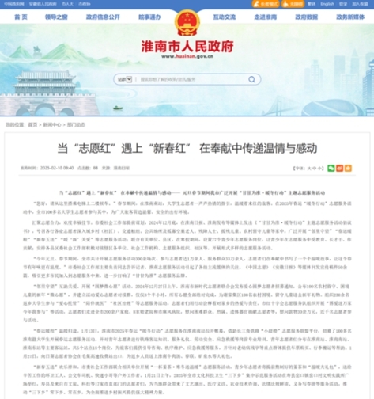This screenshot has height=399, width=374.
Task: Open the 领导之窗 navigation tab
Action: pyautogui.click(x=59, y=16)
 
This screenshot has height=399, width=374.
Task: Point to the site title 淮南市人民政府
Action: pyautogui.click(x=186, y=47)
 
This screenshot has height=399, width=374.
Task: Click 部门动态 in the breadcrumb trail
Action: pyautogui.click(x=76, y=124)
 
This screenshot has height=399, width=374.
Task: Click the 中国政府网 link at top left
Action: pyautogui.click(x=11, y=3)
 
